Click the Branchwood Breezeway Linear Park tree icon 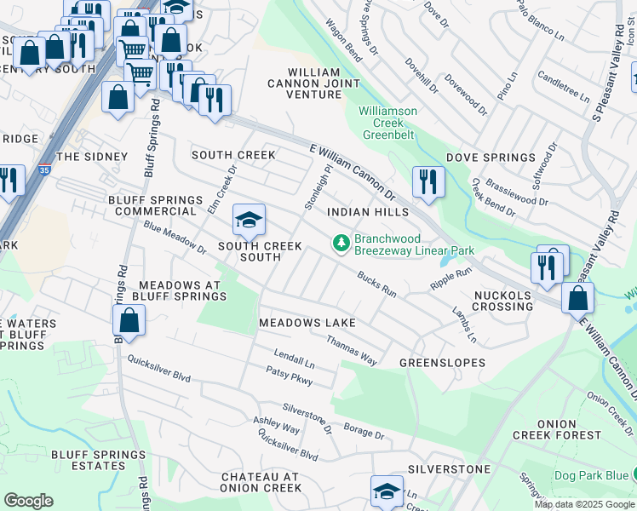point(341,244)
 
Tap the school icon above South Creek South point(248,221)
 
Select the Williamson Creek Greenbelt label point(387,123)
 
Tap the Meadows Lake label point(307,324)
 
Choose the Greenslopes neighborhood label point(443,363)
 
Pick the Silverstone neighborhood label point(449,469)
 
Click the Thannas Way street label point(352,350)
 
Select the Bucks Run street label point(376,284)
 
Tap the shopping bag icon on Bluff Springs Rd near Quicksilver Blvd point(129,321)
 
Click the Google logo point(29,501)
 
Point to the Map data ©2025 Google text point(583,504)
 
